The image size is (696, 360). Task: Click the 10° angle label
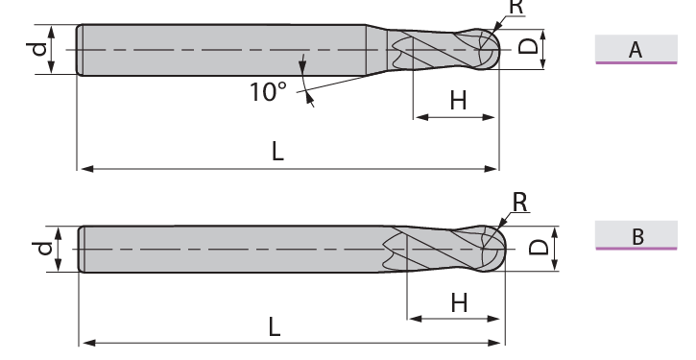point(268,92)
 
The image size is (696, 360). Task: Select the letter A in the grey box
point(636,50)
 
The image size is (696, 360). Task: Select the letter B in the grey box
point(637,236)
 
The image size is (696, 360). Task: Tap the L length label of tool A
point(277,152)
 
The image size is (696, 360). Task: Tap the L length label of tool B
point(275,327)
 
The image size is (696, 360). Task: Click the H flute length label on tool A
point(459,101)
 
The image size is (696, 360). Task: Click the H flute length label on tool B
point(459,303)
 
